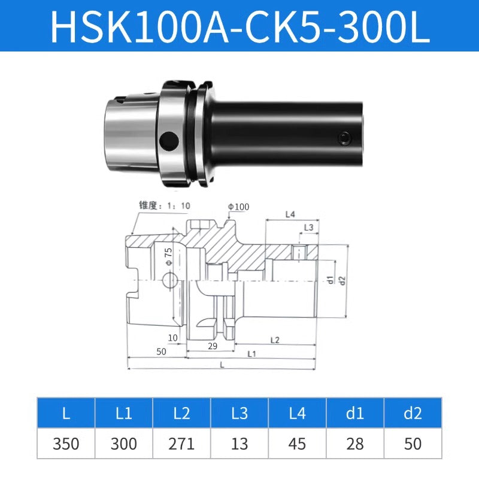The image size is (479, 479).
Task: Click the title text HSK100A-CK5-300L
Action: (239, 26)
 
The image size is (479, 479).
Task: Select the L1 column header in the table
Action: (124, 413)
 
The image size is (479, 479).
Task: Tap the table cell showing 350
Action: (66, 444)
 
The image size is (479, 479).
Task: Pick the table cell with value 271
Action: (181, 444)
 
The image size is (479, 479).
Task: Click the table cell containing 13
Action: (239, 444)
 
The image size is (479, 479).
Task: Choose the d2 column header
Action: (413, 413)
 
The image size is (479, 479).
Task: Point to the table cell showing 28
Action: (355, 444)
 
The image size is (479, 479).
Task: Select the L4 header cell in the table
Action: (297, 413)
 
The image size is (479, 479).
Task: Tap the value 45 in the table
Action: (297, 444)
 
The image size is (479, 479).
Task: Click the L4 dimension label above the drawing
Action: (290, 214)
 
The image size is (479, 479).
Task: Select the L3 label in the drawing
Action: (308, 228)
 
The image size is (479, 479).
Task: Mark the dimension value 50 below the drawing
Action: (161, 351)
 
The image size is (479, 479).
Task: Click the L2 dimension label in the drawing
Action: (274, 339)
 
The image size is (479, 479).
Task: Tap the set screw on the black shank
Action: (344, 138)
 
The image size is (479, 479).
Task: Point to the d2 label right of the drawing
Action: (342, 280)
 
